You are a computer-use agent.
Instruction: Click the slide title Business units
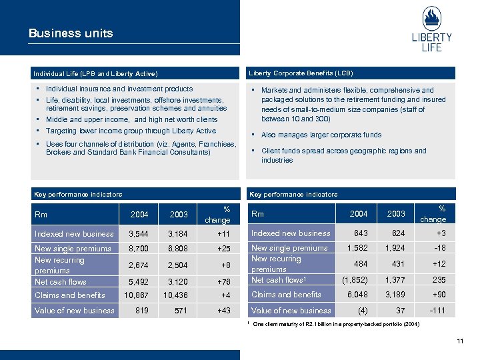(x=71, y=33)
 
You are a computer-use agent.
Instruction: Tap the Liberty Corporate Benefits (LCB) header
(x=301, y=73)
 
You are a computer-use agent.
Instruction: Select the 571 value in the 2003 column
(x=179, y=310)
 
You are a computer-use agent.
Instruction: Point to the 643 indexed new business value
(x=360, y=233)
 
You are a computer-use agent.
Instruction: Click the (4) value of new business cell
(x=362, y=310)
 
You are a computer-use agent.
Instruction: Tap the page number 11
(x=459, y=342)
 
